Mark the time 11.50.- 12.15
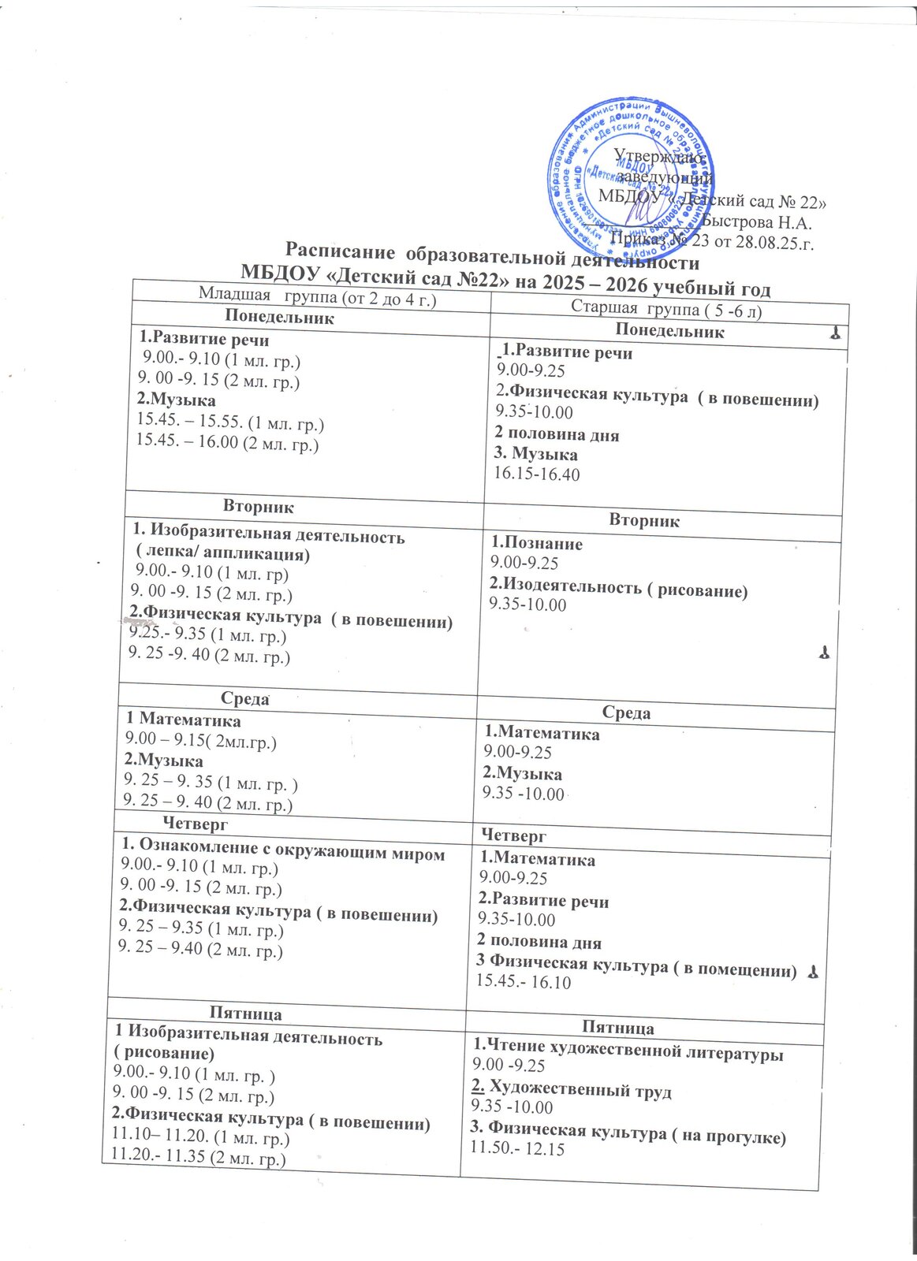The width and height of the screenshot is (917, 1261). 517,1149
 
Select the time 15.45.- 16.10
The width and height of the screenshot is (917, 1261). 523,982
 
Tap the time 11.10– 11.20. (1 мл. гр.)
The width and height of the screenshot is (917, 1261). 201,1139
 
